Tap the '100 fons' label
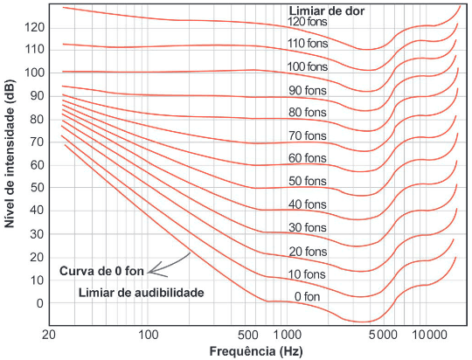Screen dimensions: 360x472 (x=309, y=66)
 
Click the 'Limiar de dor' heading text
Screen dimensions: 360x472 (x=326, y=10)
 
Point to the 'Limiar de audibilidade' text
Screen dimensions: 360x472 (x=140, y=292)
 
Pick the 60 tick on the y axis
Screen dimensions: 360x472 (x=37, y=165)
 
